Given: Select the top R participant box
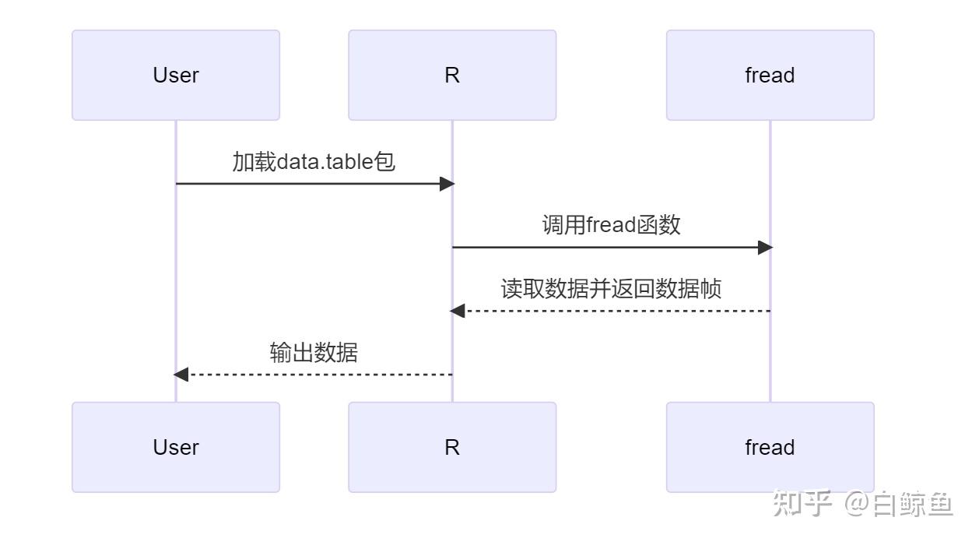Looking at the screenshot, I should click(x=452, y=76).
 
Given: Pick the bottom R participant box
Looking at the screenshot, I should click(x=452, y=447).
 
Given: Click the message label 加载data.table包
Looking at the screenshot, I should click(x=314, y=161).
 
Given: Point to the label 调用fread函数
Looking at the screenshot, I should click(x=611, y=225).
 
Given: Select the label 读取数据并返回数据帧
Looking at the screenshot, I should click(x=611, y=289).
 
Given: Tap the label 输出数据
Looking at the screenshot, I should click(x=314, y=353).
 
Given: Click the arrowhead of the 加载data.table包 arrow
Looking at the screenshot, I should click(x=447, y=184).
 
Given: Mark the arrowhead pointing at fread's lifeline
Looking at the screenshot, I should click(x=765, y=248).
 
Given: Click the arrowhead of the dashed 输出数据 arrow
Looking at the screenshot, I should click(x=181, y=375).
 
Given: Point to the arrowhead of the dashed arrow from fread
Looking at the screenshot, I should click(x=458, y=311).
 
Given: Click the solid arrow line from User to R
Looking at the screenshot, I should click(x=311, y=184).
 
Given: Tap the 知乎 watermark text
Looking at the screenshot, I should click(x=802, y=505).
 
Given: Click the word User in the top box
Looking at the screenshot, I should click(x=176, y=76).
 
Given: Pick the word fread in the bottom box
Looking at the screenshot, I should click(x=770, y=447).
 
